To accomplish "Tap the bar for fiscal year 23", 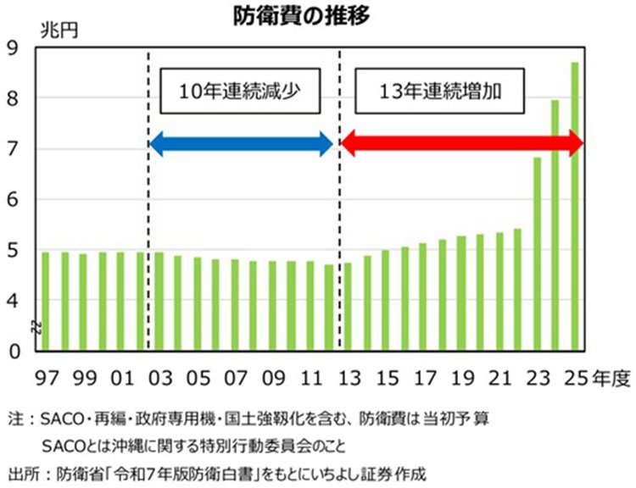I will point(538,253).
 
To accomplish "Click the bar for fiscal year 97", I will point(45,301).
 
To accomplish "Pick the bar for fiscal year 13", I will point(348,306).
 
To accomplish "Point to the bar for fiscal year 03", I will point(159,301).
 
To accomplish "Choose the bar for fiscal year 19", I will point(461,292).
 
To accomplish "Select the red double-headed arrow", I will point(461,144).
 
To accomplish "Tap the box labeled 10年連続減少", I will point(241,91).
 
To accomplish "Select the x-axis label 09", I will point(273,376).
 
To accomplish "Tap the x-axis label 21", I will point(500,376).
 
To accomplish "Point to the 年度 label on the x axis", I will point(610,376).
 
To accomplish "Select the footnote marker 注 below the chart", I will point(14,419).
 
